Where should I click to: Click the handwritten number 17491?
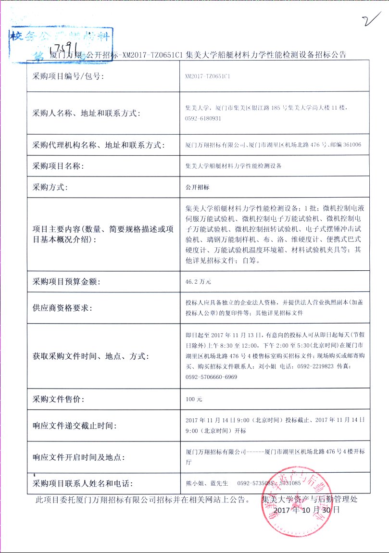tap(68, 47)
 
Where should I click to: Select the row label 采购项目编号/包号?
tap(68, 76)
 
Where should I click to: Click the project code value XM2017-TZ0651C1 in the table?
tap(207, 76)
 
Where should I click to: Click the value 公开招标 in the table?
tap(197, 188)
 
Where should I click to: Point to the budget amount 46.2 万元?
tap(198, 281)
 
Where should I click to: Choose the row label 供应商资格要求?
tap(62, 308)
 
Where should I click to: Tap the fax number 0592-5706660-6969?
tap(211, 377)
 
